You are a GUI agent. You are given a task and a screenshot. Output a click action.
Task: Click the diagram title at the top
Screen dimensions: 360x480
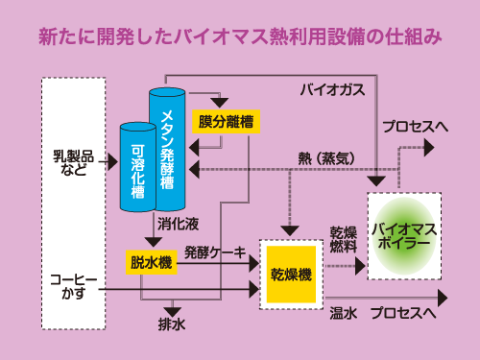tap(240, 37)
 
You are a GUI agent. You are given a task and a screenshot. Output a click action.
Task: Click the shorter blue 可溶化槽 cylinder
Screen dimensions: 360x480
tap(136, 165)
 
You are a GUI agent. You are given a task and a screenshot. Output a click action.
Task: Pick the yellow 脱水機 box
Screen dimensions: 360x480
tap(152, 261)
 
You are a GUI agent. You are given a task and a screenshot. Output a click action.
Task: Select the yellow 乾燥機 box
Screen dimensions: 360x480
tap(292, 275)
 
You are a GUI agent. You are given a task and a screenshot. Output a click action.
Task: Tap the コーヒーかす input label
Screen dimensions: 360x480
tap(73, 286)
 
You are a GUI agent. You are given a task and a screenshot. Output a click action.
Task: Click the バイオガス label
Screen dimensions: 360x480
tap(333, 90)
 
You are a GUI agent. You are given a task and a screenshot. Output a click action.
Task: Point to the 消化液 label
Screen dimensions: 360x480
tap(178, 224)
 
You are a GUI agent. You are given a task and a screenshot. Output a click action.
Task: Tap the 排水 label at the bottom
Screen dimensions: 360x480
tap(172, 324)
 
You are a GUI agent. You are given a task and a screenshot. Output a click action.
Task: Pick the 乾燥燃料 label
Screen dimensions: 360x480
tap(344, 240)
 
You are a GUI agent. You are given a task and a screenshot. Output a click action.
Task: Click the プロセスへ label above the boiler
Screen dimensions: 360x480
tap(415, 126)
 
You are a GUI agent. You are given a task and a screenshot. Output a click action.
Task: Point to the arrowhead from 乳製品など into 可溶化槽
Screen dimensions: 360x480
tap(112, 160)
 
